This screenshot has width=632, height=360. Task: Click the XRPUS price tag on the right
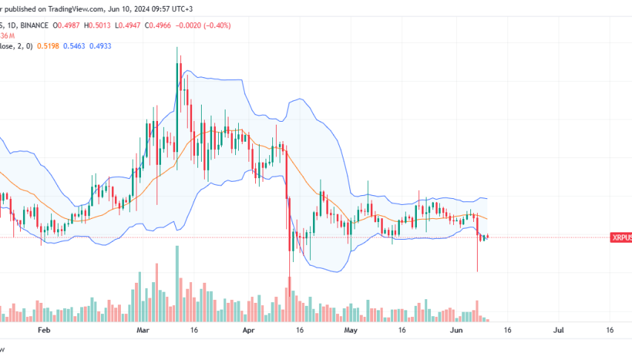click(621, 238)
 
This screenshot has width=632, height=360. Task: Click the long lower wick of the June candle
click(477, 256)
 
